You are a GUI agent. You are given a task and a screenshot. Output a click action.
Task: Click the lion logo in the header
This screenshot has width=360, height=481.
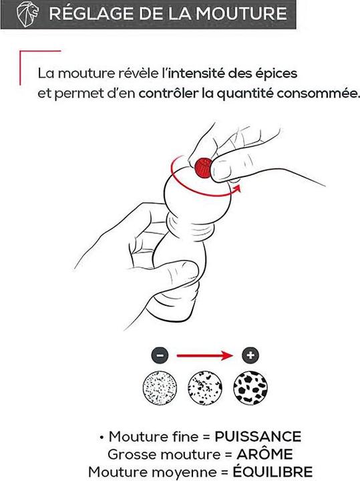(x=27, y=14)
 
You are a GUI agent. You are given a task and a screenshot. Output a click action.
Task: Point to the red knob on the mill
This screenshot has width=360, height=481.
(x=203, y=168)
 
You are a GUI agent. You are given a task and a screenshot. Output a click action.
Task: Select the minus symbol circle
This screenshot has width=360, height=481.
(x=160, y=355)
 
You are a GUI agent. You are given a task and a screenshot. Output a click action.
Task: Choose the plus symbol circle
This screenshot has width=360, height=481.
(x=250, y=355)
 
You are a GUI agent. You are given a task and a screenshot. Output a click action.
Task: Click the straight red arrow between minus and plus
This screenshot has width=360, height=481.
(x=204, y=355)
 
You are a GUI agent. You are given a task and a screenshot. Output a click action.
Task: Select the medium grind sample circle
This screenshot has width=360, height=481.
(x=205, y=387)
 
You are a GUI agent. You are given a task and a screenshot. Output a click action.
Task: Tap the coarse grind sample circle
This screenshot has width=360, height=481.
(x=250, y=387)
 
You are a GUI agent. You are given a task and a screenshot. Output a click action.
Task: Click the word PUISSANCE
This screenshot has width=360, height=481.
(x=258, y=436)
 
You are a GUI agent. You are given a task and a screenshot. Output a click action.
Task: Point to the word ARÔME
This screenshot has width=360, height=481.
(x=264, y=454)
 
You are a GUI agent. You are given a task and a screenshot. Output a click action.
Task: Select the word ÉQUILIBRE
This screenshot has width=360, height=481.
(x=273, y=471)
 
